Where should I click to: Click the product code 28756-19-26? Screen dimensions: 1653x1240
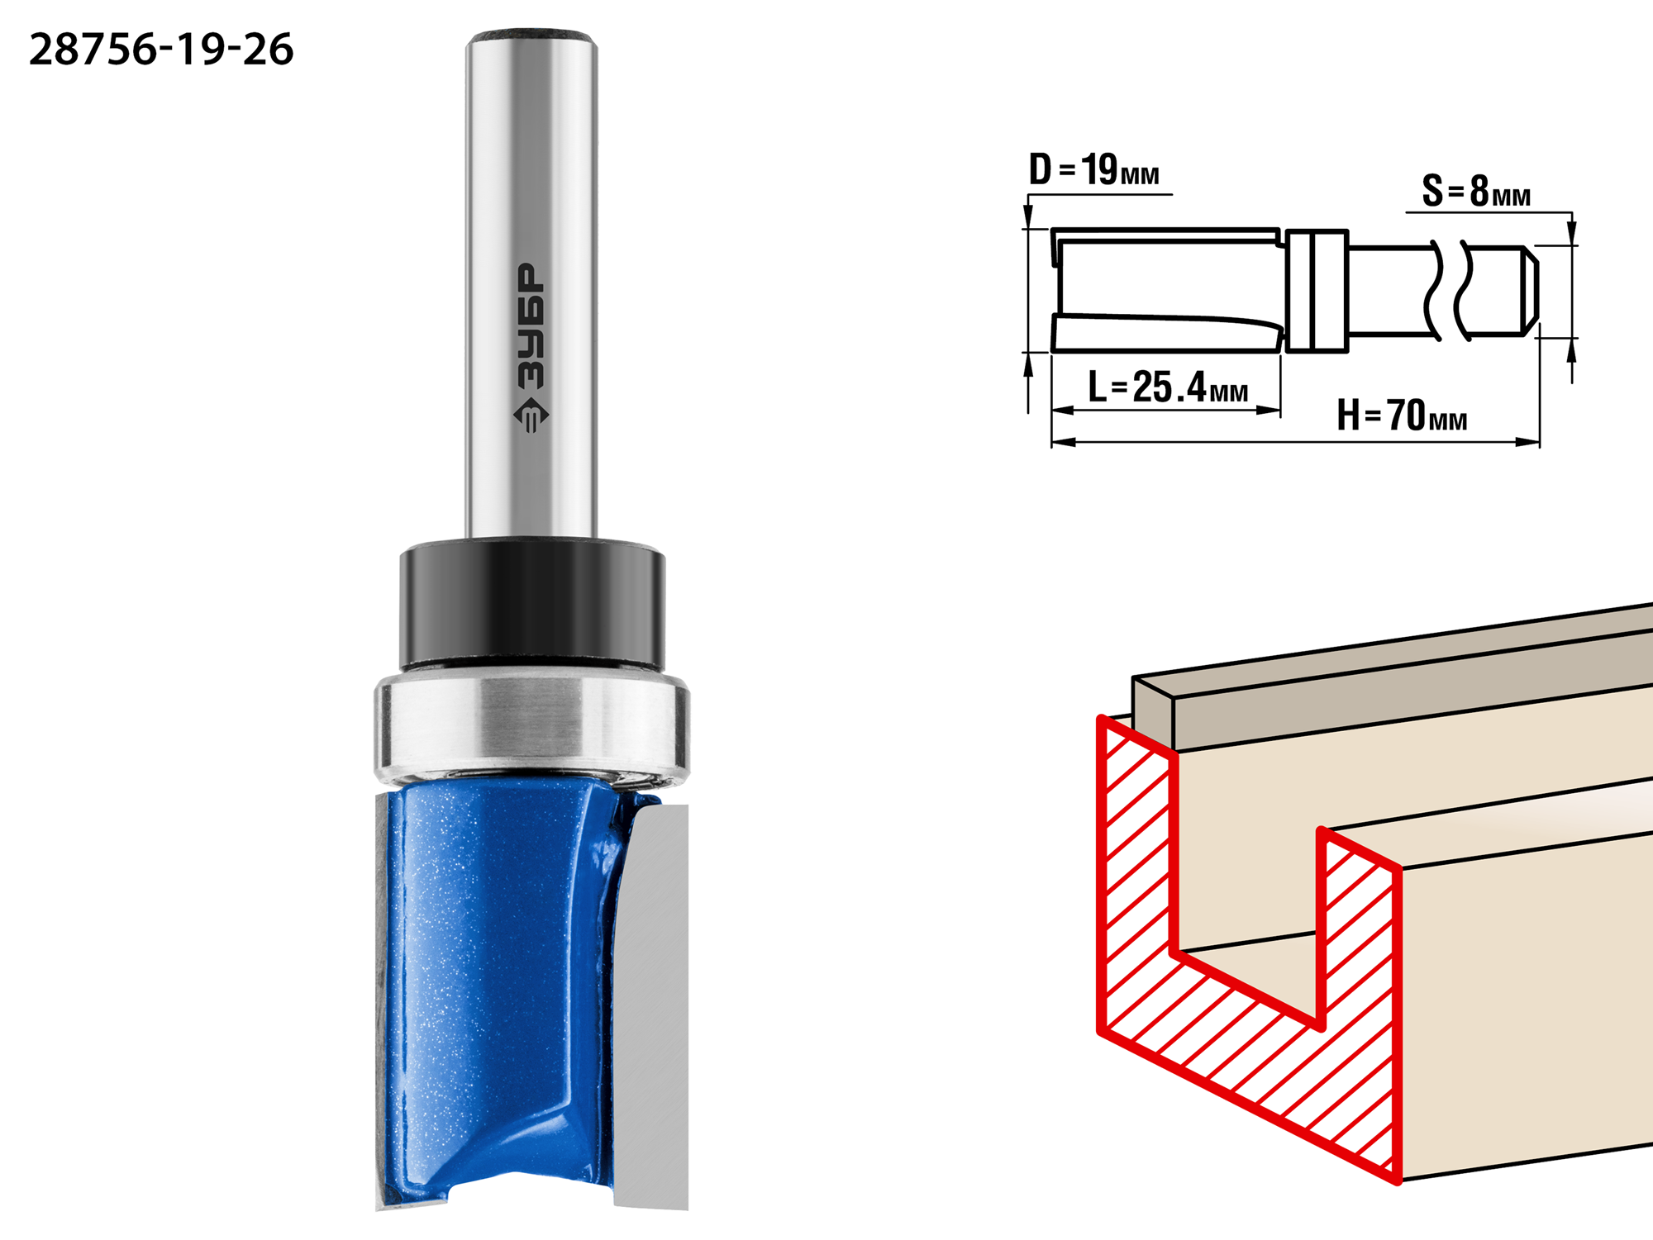pyautogui.click(x=161, y=50)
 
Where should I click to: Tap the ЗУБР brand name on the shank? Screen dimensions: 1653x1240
pyautogui.click(x=531, y=325)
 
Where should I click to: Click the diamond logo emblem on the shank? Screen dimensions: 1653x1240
pyautogui.click(x=531, y=415)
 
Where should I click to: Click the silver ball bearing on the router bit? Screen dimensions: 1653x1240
pyautogui.click(x=531, y=725)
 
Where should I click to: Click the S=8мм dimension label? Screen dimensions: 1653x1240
pyautogui.click(x=1476, y=191)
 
